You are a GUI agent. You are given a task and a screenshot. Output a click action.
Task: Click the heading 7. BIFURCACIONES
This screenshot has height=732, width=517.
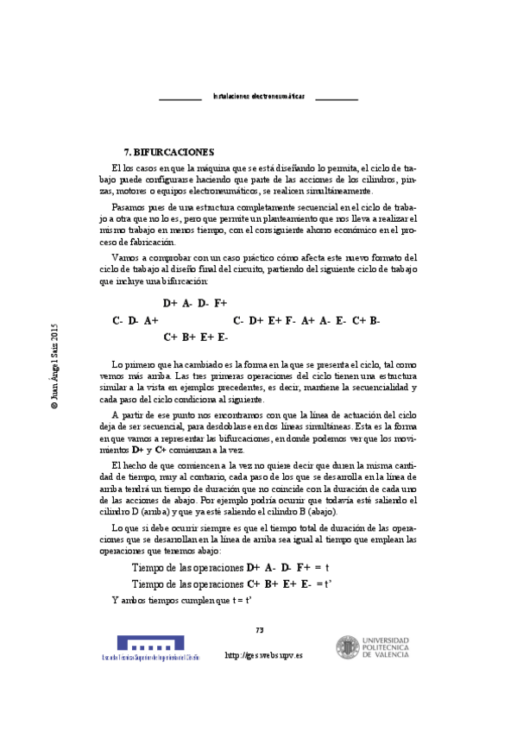point(169,151)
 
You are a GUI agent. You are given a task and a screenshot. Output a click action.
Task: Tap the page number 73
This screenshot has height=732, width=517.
point(259,629)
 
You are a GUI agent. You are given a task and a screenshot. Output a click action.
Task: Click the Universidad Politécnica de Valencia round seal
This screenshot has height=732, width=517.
point(348,648)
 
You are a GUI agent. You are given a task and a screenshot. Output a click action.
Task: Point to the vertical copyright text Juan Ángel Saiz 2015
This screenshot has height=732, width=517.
point(54,365)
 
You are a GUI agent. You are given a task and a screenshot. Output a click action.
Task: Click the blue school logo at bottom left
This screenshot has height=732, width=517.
point(150,644)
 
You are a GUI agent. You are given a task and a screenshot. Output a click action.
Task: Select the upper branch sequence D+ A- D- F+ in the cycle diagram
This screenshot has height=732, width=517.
point(195,303)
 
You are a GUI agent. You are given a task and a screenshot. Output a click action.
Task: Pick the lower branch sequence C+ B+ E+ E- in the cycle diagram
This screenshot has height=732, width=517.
point(195,337)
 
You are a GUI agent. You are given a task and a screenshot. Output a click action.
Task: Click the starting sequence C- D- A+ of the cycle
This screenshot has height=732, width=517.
point(135,320)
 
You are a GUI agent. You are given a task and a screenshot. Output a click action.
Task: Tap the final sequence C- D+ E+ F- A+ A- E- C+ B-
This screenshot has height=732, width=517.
point(306,320)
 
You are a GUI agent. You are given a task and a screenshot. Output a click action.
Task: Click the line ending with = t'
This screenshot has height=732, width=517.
point(232,584)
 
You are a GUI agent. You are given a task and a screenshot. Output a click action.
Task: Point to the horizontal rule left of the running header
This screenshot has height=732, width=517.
point(180,99)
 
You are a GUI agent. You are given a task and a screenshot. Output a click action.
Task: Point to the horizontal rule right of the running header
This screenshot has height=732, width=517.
point(337,99)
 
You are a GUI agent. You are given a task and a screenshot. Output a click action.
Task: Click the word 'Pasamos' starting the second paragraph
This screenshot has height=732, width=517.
point(129,208)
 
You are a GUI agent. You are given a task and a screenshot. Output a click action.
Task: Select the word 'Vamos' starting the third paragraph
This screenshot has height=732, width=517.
point(126,257)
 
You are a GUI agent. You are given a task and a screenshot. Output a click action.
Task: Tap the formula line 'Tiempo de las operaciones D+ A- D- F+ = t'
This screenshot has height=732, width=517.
point(230,567)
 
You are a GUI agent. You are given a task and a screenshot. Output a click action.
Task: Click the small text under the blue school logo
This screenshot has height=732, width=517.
point(150,658)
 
